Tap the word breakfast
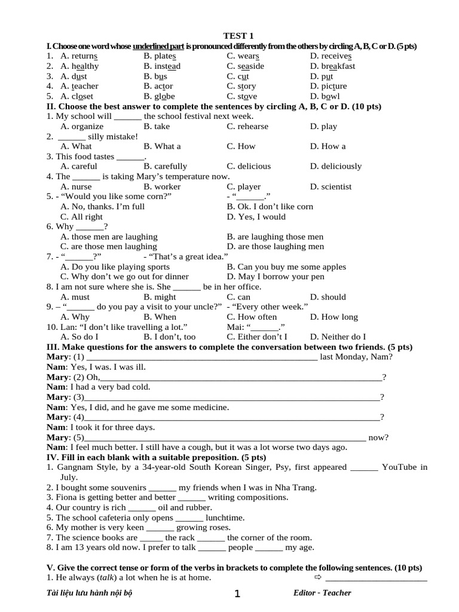point(338,66)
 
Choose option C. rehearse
point(247,126)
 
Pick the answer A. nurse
point(76,186)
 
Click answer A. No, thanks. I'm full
point(103,207)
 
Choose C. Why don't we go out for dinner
point(125,277)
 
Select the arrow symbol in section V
point(317,578)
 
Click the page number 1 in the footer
point(237,593)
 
